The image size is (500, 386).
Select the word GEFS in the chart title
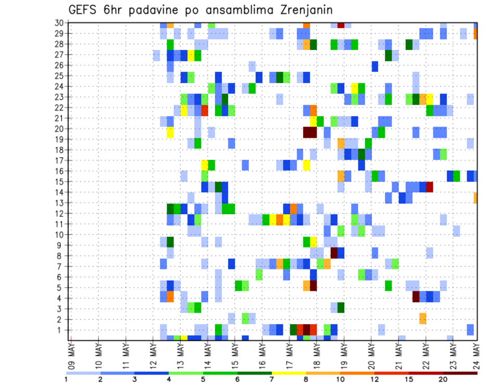click(84, 9)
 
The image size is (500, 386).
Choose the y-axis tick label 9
click(61, 245)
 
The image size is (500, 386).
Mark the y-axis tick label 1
click(61, 330)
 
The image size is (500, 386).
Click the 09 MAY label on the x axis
click(71, 354)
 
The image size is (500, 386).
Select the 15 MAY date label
click(234, 354)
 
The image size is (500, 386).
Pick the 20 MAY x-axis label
click(371, 354)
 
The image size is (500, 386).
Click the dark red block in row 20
click(310, 132)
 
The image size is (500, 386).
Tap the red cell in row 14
click(429, 187)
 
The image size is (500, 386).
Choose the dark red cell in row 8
click(334, 252)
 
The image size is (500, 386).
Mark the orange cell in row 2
click(422, 318)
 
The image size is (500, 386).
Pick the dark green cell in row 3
click(341, 307)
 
